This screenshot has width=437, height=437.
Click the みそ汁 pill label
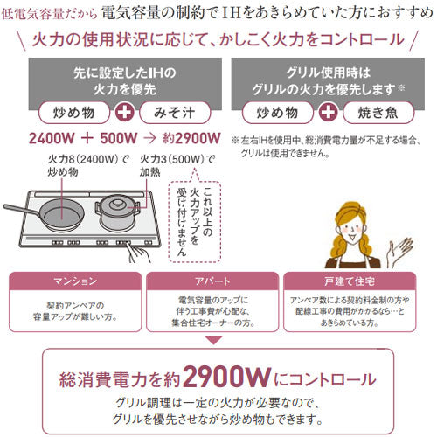(x=175, y=113)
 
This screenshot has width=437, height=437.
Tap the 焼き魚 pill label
(x=378, y=113)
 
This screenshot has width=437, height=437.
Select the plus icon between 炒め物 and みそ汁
(x=125, y=113)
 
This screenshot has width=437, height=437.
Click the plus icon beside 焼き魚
(x=328, y=113)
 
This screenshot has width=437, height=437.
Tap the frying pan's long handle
(x=20, y=210)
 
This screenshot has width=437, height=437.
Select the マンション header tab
(x=75, y=281)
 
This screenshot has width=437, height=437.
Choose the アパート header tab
(x=212, y=281)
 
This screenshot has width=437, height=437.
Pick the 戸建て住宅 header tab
(x=350, y=281)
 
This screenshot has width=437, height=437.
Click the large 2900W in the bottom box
(x=227, y=377)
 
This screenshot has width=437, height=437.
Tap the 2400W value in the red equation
(x=52, y=138)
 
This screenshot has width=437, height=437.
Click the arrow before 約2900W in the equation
(x=149, y=138)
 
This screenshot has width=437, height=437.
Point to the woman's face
(x=351, y=230)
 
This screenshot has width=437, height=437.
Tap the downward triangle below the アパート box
(x=213, y=340)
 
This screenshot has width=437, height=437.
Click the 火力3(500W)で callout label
(x=177, y=159)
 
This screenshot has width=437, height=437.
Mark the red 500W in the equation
(x=119, y=138)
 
